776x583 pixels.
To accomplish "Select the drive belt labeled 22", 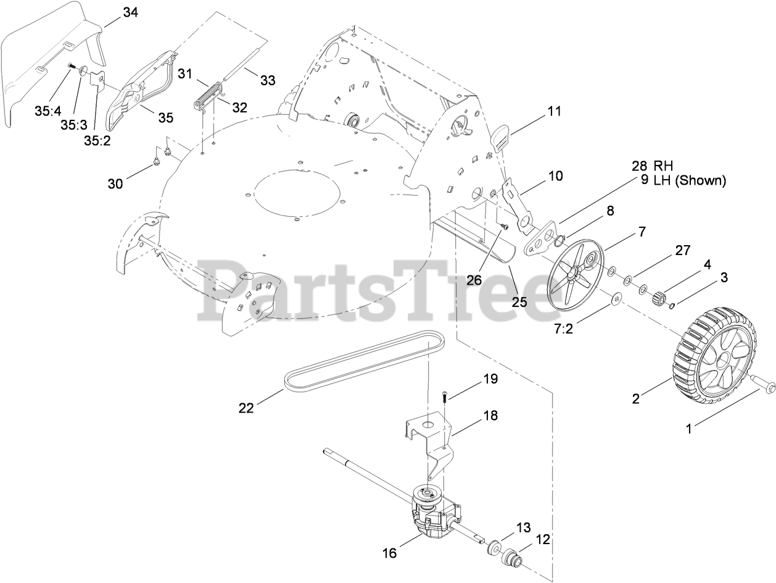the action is pyautogui.click(x=358, y=364).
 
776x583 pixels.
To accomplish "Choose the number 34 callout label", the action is pyautogui.click(x=130, y=12).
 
